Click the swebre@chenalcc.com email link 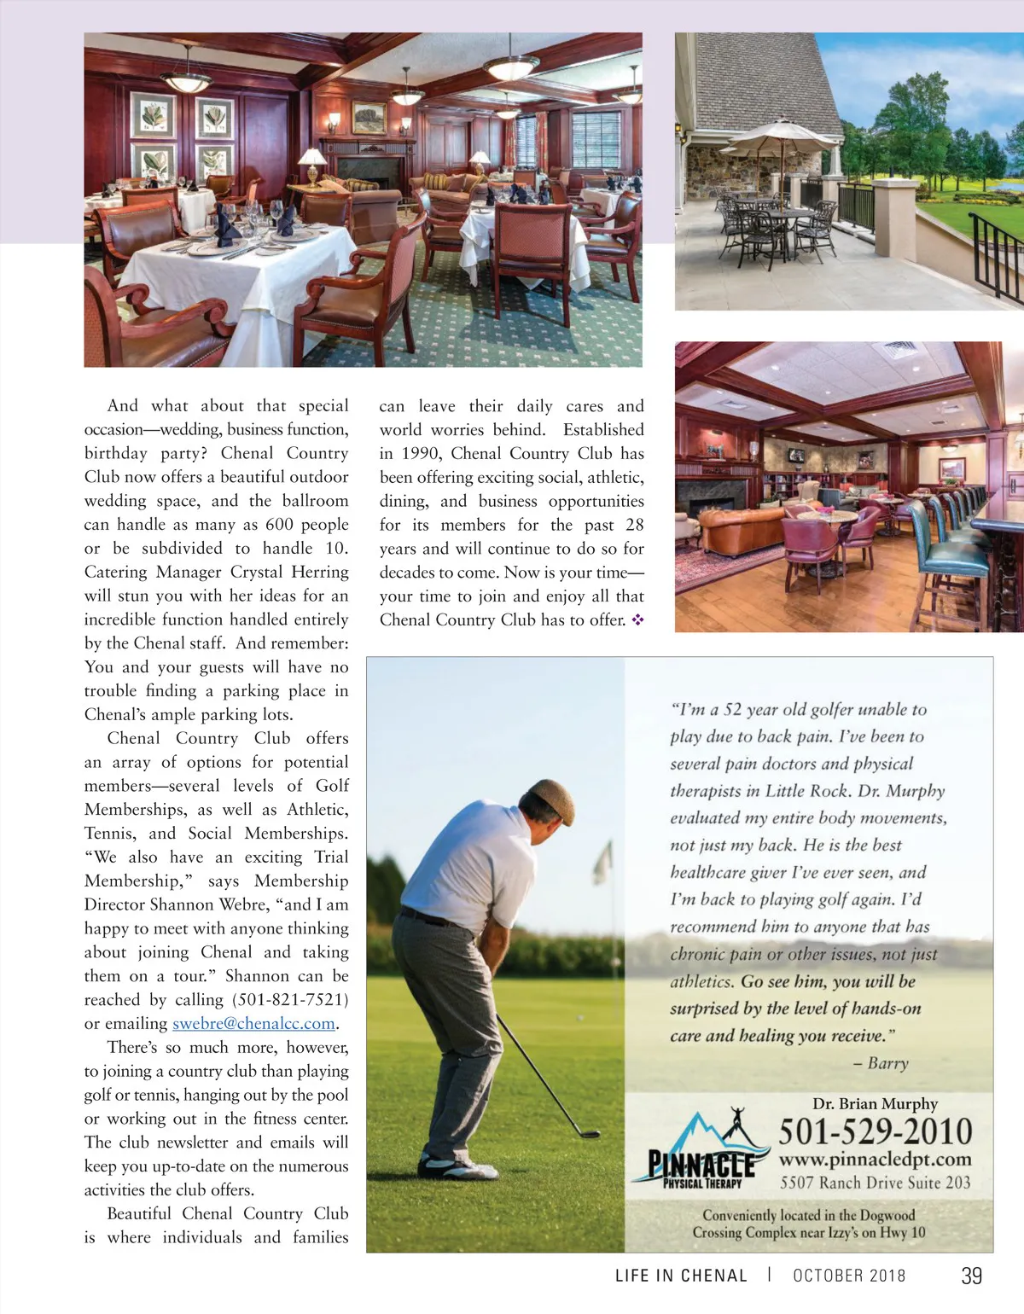click(253, 1024)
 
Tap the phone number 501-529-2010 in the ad click(875, 1132)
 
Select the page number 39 click(971, 1276)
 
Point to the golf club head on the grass click(588, 1133)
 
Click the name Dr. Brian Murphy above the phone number click(875, 1104)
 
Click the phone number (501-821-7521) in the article click(290, 999)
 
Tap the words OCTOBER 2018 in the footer click(849, 1276)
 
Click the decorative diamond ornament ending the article click(637, 620)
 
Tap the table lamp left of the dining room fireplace click(311, 161)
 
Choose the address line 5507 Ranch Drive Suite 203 click(875, 1183)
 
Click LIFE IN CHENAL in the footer click(681, 1276)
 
